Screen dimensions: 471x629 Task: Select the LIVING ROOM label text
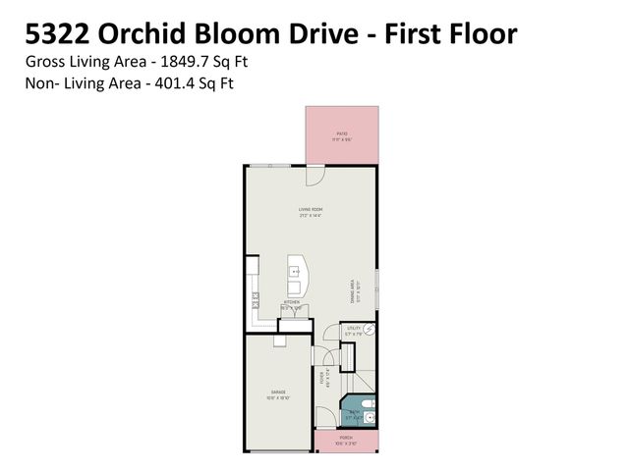pyautogui.click(x=311, y=209)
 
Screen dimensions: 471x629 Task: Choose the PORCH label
pyautogui.click(x=346, y=438)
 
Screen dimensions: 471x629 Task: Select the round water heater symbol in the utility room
pyautogui.click(x=369, y=330)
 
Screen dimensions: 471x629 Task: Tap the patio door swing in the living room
pyautogui.click(x=314, y=177)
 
